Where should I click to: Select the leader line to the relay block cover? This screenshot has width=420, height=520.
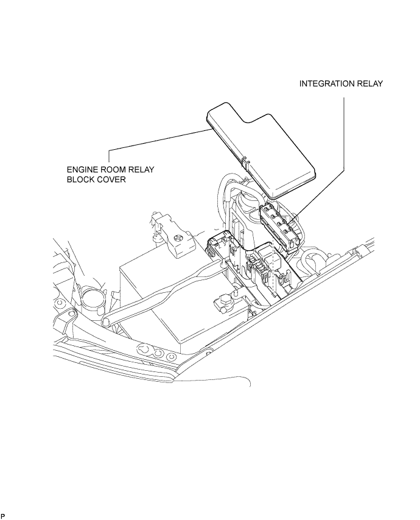click(158, 140)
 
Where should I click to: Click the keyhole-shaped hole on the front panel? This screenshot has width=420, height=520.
click(146, 348)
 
